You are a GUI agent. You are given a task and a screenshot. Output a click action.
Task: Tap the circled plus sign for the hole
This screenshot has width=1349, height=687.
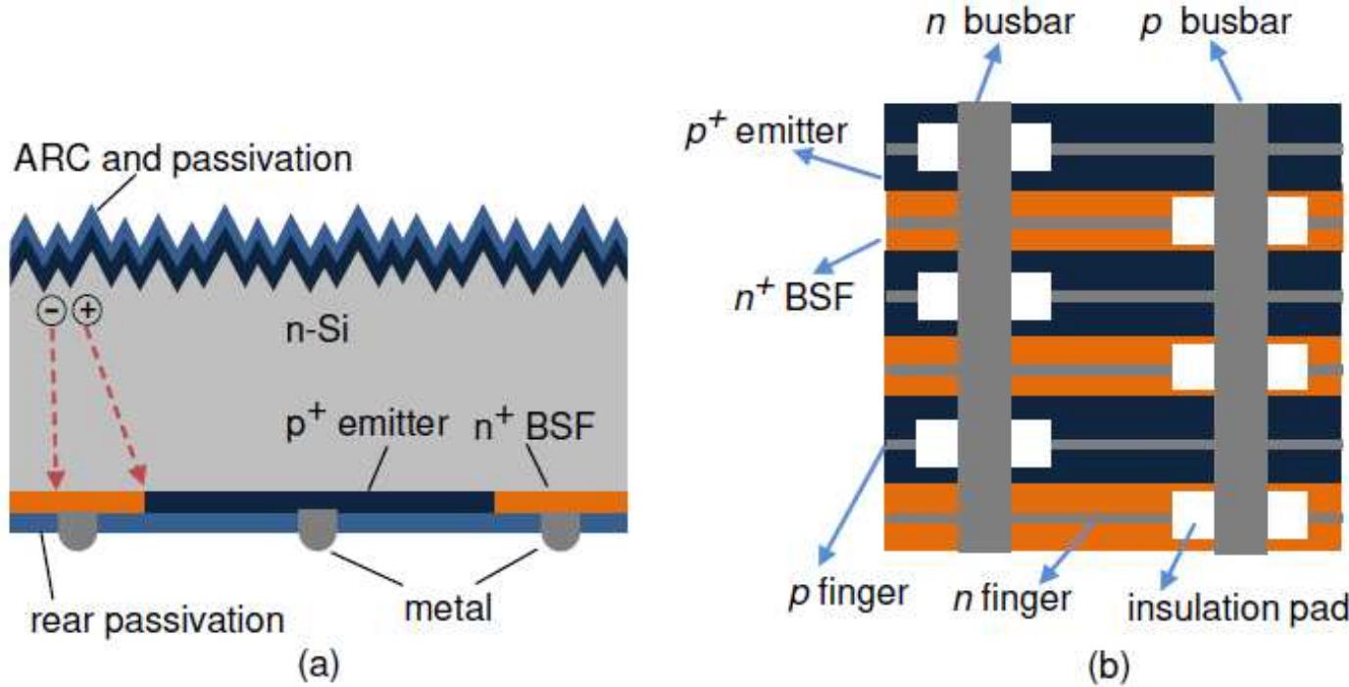(87, 312)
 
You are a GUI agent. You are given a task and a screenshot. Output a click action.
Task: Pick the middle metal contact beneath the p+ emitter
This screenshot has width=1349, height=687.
(316, 526)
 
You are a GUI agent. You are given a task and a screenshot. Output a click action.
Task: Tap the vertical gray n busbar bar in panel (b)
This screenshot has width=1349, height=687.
(983, 323)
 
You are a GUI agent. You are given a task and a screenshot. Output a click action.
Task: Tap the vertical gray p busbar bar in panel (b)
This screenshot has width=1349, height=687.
(1240, 323)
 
